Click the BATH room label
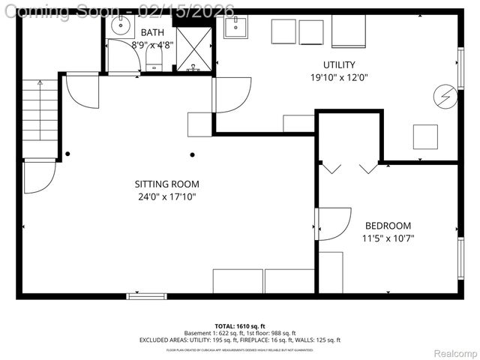pos(152,32)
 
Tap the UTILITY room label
pos(339,64)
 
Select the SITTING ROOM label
pos(166,184)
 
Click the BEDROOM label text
pos(388,226)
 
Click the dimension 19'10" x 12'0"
pos(339,77)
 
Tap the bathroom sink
pos(121,26)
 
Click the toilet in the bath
pos(153,58)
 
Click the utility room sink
pos(235,28)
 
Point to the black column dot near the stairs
pos(67,154)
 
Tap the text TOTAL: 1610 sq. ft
pos(239,325)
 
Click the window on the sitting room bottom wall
pos(146,295)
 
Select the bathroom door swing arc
pos(123,56)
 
